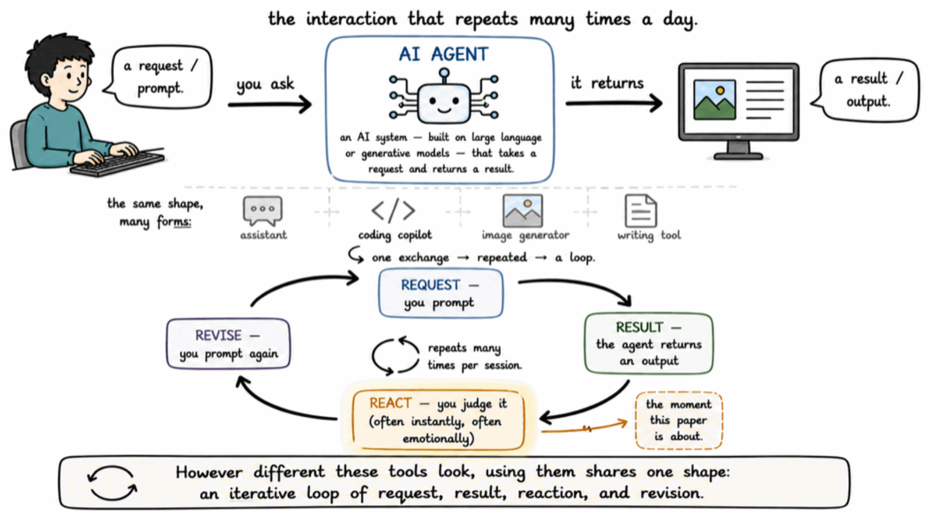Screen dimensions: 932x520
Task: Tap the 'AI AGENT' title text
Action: tap(444, 54)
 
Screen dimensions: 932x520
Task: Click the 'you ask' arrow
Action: tap(270, 104)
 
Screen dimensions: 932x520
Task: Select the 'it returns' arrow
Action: tap(614, 103)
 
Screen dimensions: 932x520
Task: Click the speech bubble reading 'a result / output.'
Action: tap(867, 90)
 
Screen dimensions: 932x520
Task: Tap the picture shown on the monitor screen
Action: tap(714, 99)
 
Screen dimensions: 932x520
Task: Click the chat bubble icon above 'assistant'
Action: tap(263, 211)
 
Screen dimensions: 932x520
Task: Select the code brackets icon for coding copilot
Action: tap(393, 211)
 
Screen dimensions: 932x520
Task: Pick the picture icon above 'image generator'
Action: tap(522, 211)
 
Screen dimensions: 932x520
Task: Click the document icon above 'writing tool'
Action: tap(641, 211)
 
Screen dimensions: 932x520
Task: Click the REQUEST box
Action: tap(441, 294)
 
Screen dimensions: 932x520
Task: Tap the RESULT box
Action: tap(649, 344)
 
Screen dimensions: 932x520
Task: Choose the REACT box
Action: tap(438, 420)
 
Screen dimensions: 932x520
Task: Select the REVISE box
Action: tap(229, 344)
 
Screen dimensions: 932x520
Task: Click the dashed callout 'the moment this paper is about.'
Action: tap(679, 421)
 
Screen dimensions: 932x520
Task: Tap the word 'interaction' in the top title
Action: tap(351, 19)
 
